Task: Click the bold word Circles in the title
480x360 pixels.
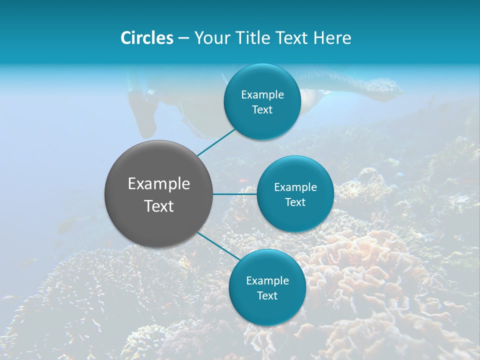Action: click(147, 38)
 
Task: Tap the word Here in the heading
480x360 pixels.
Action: click(332, 38)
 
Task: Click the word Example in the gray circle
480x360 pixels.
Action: click(159, 184)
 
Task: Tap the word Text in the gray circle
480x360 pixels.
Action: click(159, 206)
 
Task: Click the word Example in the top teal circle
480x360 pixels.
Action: click(262, 95)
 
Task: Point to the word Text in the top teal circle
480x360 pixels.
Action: click(262, 110)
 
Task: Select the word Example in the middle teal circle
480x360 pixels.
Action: click(295, 187)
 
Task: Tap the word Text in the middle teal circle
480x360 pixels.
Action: click(295, 202)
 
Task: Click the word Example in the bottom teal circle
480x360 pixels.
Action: click(267, 281)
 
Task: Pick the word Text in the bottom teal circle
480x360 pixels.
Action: click(267, 296)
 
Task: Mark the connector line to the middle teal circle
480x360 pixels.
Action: click(235, 194)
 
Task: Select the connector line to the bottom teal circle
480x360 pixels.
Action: click(218, 246)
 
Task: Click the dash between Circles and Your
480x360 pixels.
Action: click(183, 38)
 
